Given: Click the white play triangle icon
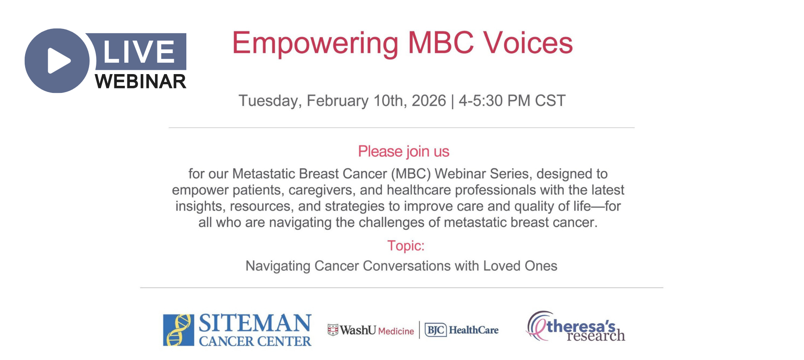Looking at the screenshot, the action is point(59,61).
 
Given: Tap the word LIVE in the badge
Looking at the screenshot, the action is point(139,52).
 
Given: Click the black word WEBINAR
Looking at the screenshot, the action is point(141,81).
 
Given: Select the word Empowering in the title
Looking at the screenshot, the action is point(315,44).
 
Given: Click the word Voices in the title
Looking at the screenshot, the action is point(528,43).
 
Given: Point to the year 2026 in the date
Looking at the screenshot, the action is point(429,100).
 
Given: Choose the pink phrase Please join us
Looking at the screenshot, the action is point(404,151).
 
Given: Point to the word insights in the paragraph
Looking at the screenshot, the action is point(198,206).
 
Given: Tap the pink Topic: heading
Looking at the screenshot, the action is point(406,246).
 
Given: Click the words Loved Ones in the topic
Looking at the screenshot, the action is point(520,266).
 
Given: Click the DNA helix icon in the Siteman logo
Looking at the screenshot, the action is point(178,330).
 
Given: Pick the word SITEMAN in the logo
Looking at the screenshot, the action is point(255,324).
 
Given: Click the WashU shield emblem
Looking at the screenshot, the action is point(333,330).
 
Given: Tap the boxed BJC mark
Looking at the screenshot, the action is point(436,330).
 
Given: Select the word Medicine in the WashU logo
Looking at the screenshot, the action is point(396,331).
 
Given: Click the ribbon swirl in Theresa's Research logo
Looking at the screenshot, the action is point(538,325).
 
